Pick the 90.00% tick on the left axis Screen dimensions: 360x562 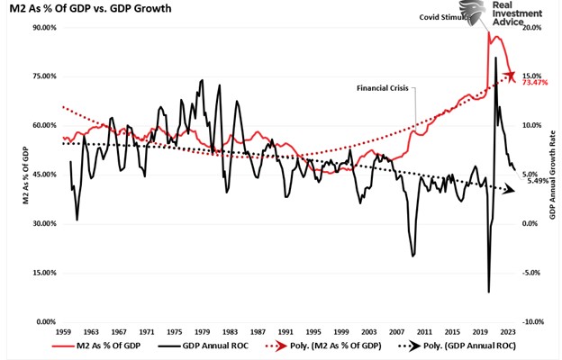click(x=42, y=28)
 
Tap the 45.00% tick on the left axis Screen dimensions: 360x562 click(x=42, y=175)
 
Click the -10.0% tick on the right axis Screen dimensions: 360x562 click(x=532, y=322)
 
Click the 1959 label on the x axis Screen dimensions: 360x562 click(x=62, y=332)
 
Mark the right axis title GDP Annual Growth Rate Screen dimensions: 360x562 click(x=552, y=175)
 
